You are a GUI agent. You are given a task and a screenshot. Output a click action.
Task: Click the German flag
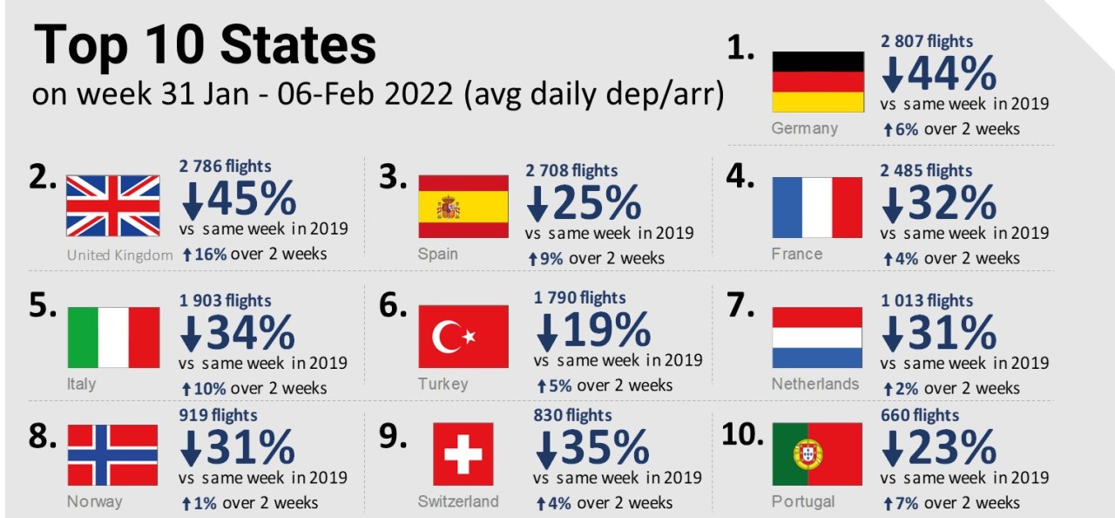point(818,81)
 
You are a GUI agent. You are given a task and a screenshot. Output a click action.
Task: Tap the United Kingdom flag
point(113,206)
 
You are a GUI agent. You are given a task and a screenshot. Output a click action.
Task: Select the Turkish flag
point(463,337)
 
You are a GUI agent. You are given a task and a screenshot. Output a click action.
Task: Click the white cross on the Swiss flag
point(463,454)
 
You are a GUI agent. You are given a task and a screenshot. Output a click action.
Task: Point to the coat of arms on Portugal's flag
point(808,454)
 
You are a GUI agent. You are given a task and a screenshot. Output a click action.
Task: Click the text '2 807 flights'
point(927,41)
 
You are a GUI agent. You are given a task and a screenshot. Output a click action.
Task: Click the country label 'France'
point(796,254)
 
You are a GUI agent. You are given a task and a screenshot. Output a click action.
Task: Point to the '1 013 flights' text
point(926,301)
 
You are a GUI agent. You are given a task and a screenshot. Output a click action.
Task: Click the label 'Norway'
point(94,501)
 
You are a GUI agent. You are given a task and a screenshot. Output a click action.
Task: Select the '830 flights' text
point(572,416)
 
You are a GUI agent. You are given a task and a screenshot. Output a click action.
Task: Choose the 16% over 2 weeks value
point(208,254)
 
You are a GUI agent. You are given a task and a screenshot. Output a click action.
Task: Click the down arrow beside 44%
point(893,76)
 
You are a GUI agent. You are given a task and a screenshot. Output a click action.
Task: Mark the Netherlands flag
point(817,337)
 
